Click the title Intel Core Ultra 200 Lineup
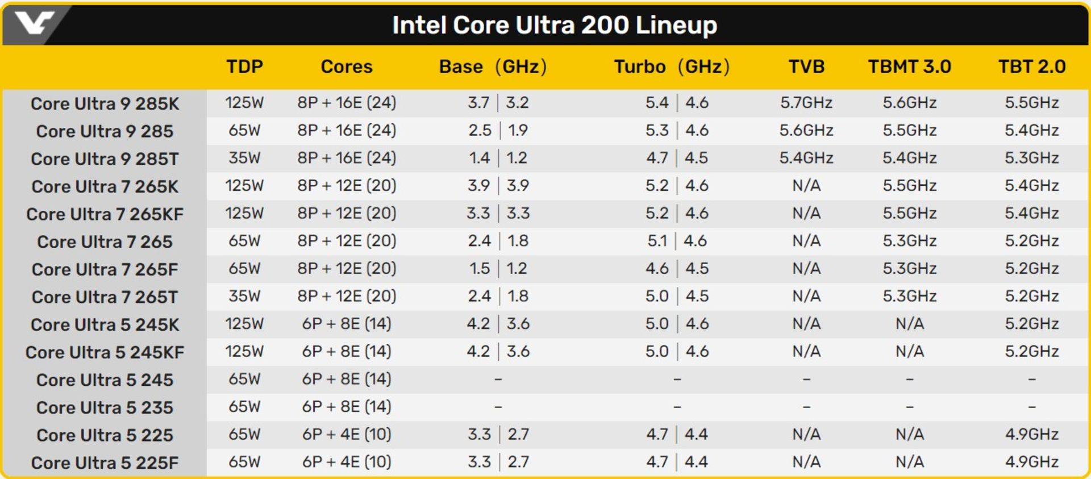tap(555, 25)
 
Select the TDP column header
tap(244, 66)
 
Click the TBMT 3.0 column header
tap(909, 66)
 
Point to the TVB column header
tap(806, 66)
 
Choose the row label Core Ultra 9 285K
tap(105, 103)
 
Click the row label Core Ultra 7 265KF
tap(105, 214)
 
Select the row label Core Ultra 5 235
tap(105, 407)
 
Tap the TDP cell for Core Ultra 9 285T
tap(244, 158)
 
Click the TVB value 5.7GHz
tap(806, 103)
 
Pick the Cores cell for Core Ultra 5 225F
tap(347, 462)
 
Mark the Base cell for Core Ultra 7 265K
tap(498, 186)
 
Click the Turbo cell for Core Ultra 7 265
tap(676, 241)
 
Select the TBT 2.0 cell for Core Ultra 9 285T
tap(1031, 158)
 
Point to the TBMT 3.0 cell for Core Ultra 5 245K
tap(909, 324)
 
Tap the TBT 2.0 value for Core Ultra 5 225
tap(1031, 435)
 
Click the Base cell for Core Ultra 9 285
tap(498, 131)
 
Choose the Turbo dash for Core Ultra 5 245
tap(677, 379)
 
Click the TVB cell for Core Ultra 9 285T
tap(806, 158)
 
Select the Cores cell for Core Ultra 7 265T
tap(347, 296)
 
